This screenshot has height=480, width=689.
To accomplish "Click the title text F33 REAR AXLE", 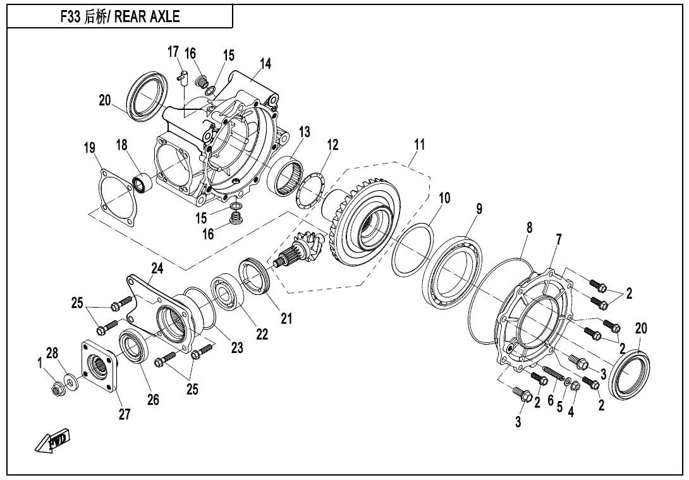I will coord(119,17).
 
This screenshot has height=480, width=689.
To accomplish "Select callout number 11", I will coord(419,145).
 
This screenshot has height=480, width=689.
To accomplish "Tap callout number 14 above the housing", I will coord(265,64).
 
